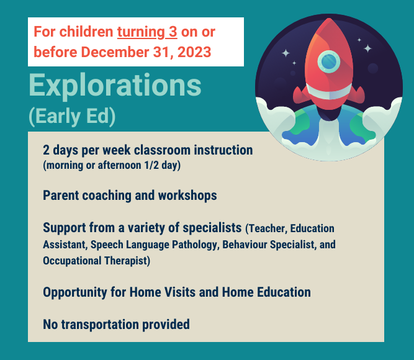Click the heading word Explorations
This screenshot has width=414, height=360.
[115, 86]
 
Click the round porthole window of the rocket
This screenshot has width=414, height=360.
[329, 61]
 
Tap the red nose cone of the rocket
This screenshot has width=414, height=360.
[329, 34]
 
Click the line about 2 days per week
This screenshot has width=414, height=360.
[148, 150]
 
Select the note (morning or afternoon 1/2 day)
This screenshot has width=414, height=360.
[112, 166]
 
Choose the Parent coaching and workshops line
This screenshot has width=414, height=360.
[130, 196]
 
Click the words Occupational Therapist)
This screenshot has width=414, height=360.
[96, 261]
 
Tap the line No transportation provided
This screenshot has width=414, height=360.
[116, 324]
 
